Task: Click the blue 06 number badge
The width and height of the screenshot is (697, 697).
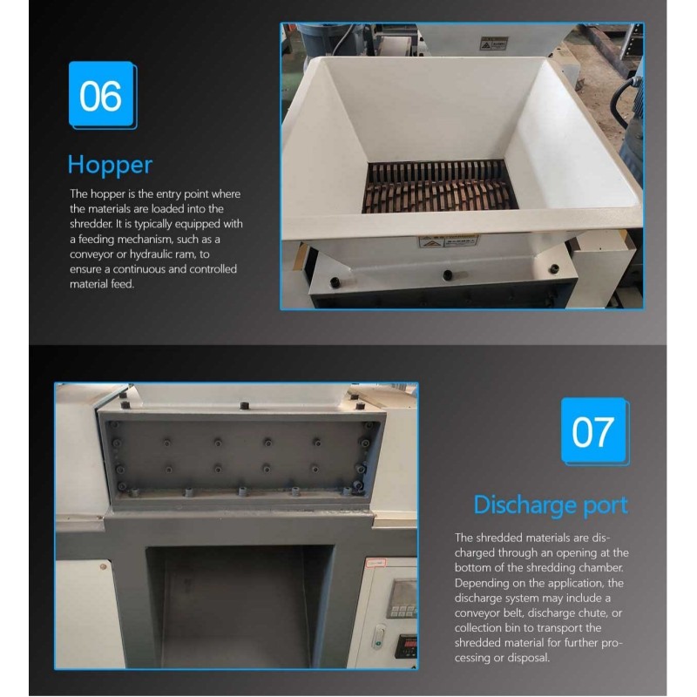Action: (103, 95)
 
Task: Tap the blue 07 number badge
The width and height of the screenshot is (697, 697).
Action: (595, 431)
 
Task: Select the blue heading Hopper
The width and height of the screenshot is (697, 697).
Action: (110, 166)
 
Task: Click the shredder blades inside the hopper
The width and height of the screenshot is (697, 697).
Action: (440, 187)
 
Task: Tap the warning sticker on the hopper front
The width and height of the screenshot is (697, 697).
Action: (448, 242)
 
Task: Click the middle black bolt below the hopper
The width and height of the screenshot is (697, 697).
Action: (448, 274)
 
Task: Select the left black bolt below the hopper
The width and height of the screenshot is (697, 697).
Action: (335, 282)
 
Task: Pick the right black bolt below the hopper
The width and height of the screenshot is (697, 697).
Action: (554, 268)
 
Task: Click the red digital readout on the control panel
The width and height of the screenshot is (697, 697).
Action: (406, 645)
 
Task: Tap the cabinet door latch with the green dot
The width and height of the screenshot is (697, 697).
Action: (379, 637)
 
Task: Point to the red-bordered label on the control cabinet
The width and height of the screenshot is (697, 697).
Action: (376, 564)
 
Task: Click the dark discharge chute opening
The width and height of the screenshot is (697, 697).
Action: (240, 606)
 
